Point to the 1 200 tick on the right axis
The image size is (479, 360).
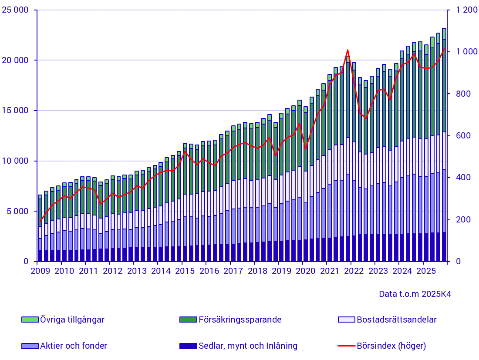[x=466, y=10]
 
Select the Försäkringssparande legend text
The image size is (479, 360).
[x=240, y=320]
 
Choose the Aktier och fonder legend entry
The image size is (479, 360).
[x=73, y=346]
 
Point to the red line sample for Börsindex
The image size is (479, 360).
[x=346, y=346]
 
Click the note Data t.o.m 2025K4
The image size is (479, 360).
[x=415, y=294]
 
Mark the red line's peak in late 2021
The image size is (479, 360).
[x=347, y=50]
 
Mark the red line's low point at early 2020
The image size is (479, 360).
[x=305, y=148]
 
